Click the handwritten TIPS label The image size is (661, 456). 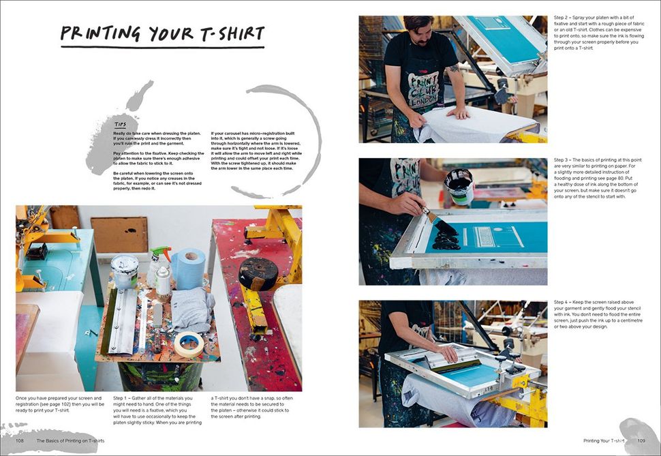tap(120, 125)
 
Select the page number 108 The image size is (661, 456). tap(21, 441)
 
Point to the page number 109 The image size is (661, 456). tap(641, 441)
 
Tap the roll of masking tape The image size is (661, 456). tap(189, 344)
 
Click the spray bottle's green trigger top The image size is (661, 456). tap(161, 254)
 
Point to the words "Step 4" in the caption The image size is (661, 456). tap(563, 302)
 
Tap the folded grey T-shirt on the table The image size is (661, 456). tap(191, 308)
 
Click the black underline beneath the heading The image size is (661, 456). tap(162, 47)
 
